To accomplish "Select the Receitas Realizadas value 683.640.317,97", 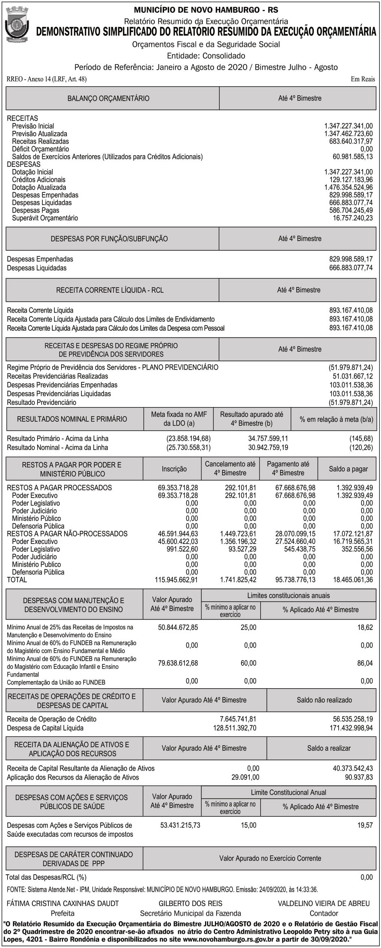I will point(351,141).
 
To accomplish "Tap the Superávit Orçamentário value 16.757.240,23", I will point(352,218).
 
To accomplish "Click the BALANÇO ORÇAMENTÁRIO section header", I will point(108,99).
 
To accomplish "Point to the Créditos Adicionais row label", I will point(39,180).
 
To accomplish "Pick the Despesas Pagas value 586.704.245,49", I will point(351,210).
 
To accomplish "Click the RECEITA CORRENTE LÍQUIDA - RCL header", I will point(110,290).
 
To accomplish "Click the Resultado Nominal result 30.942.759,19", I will point(268,447).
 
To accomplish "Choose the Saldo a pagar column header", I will point(348,469).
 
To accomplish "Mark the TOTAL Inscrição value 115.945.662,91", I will point(176,580).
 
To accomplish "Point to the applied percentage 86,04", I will point(365,663).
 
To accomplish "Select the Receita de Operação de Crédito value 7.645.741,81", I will point(238,719).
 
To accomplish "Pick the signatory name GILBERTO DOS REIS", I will point(190,903).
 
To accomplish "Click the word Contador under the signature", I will point(324,913).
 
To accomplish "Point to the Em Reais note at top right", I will point(363,79).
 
